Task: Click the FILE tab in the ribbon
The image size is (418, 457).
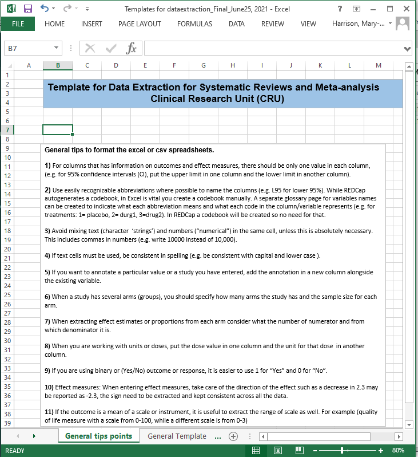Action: pyautogui.click(x=18, y=24)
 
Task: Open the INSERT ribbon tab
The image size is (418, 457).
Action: pyautogui.click(x=91, y=24)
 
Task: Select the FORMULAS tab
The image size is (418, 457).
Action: pyautogui.click(x=194, y=24)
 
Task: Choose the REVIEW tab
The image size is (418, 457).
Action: pyautogui.click(x=272, y=24)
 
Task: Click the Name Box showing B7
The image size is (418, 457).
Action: pyautogui.click(x=29, y=49)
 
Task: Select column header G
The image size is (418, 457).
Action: pyautogui.click(x=204, y=65)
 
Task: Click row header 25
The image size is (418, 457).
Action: pyautogui.click(x=7, y=295)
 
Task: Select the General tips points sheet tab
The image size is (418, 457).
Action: pyautogui.click(x=98, y=436)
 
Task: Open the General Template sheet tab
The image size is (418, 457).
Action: pyautogui.click(x=177, y=436)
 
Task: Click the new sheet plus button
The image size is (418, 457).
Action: pyautogui.click(x=233, y=436)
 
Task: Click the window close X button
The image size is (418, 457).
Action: pyautogui.click(x=406, y=9)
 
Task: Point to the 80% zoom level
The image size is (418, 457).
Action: pyautogui.click(x=399, y=451)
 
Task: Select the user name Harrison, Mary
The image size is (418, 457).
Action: pyautogui.click(x=359, y=24)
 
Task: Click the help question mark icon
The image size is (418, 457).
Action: pyautogui.click(x=340, y=9)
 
